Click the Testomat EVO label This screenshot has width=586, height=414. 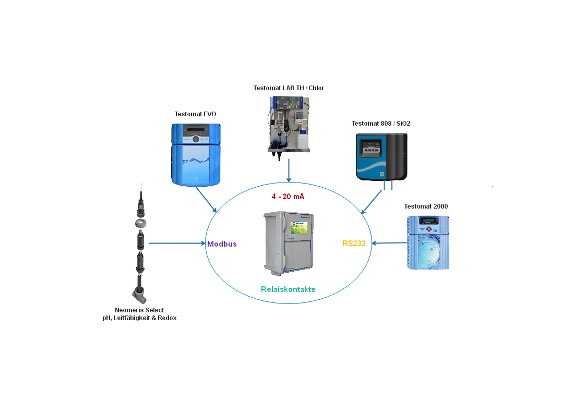click(x=195, y=114)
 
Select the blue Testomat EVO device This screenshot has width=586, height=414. click(x=196, y=154)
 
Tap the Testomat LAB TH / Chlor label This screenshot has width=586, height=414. click(x=289, y=88)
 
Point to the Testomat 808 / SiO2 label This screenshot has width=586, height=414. click(x=380, y=124)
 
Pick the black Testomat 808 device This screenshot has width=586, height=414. click(x=381, y=156)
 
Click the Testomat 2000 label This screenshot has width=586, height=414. click(x=426, y=206)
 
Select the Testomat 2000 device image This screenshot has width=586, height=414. click(x=427, y=242)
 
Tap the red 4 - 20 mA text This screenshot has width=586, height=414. click(x=288, y=197)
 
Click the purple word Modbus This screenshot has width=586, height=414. click(x=222, y=244)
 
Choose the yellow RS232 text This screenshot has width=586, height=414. click(x=354, y=243)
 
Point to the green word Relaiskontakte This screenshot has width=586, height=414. click(x=288, y=289)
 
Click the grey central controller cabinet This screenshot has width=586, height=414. click(x=288, y=242)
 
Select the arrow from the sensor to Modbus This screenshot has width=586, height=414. click(x=177, y=243)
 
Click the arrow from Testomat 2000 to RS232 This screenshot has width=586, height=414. click(x=389, y=243)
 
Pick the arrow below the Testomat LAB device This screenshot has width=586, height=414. click(x=289, y=171)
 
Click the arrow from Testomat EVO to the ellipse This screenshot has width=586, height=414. click(x=206, y=200)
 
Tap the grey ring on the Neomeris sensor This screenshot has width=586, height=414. click(x=140, y=223)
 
